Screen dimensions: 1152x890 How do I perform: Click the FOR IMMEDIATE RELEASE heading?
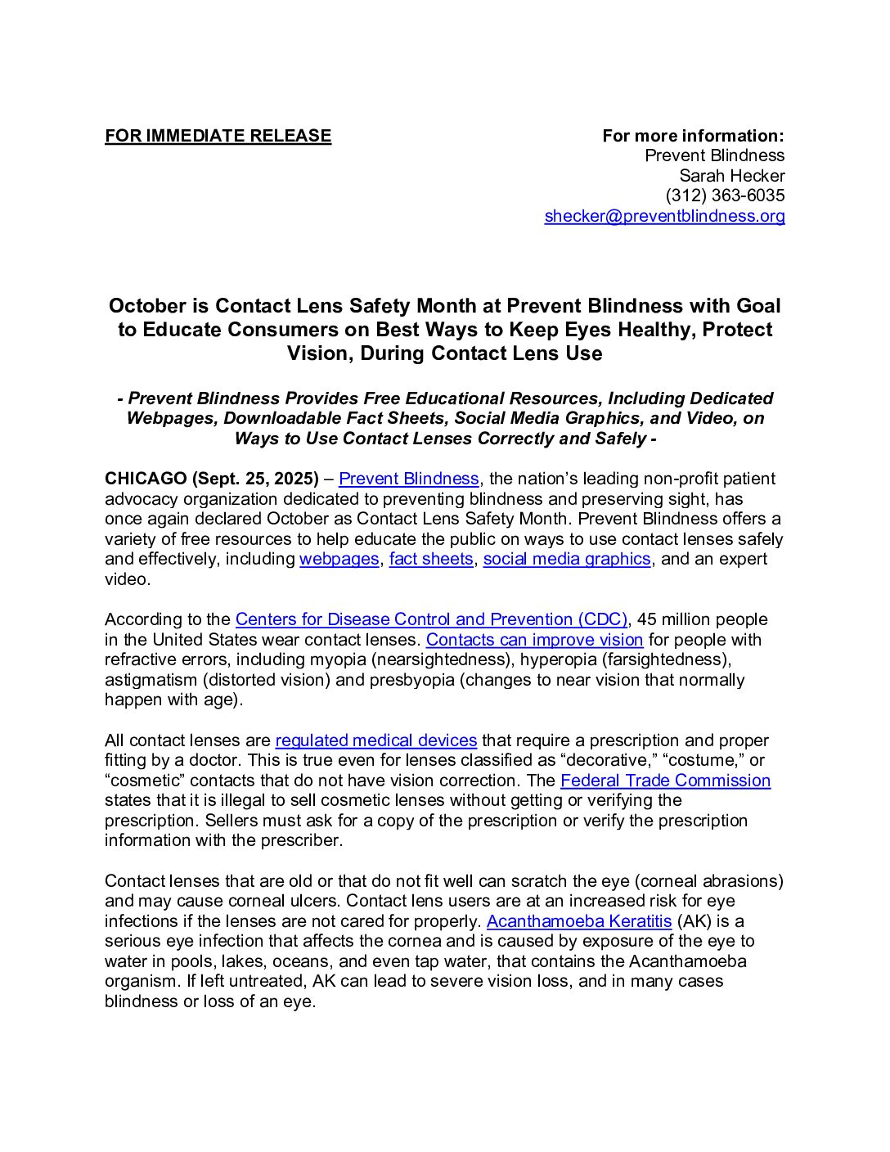pyautogui.click(x=218, y=136)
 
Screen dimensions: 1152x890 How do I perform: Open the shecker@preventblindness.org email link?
pyautogui.click(x=664, y=216)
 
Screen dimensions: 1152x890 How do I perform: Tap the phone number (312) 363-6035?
pyautogui.click(x=725, y=196)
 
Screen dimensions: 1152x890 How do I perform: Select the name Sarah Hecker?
pyautogui.click(x=731, y=176)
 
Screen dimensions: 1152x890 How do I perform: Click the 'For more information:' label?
pyautogui.click(x=693, y=136)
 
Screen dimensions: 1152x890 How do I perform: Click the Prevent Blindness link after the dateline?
pyautogui.click(x=408, y=479)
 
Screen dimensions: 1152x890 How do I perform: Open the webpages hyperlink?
pyautogui.click(x=339, y=559)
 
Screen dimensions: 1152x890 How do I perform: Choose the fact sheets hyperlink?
pyautogui.click(x=431, y=559)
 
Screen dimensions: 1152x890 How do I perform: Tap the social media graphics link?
pyautogui.click(x=567, y=559)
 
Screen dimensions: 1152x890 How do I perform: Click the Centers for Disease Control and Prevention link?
pyautogui.click(x=431, y=619)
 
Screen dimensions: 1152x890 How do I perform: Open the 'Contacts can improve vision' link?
pyautogui.click(x=534, y=640)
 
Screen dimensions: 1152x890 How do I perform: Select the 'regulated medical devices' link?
pyautogui.click(x=375, y=740)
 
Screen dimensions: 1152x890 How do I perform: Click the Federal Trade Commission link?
pyautogui.click(x=665, y=781)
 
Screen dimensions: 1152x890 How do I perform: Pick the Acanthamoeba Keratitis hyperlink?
pyautogui.click(x=578, y=921)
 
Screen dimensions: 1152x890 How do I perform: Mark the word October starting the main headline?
pyautogui.click(x=147, y=306)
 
